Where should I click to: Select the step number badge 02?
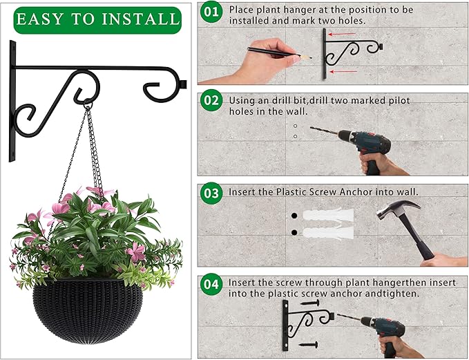click(211, 100)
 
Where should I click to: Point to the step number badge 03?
click(211, 191)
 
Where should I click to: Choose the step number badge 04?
click(211, 284)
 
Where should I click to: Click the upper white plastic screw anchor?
click(327, 216)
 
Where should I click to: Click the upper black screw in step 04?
click(309, 303)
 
